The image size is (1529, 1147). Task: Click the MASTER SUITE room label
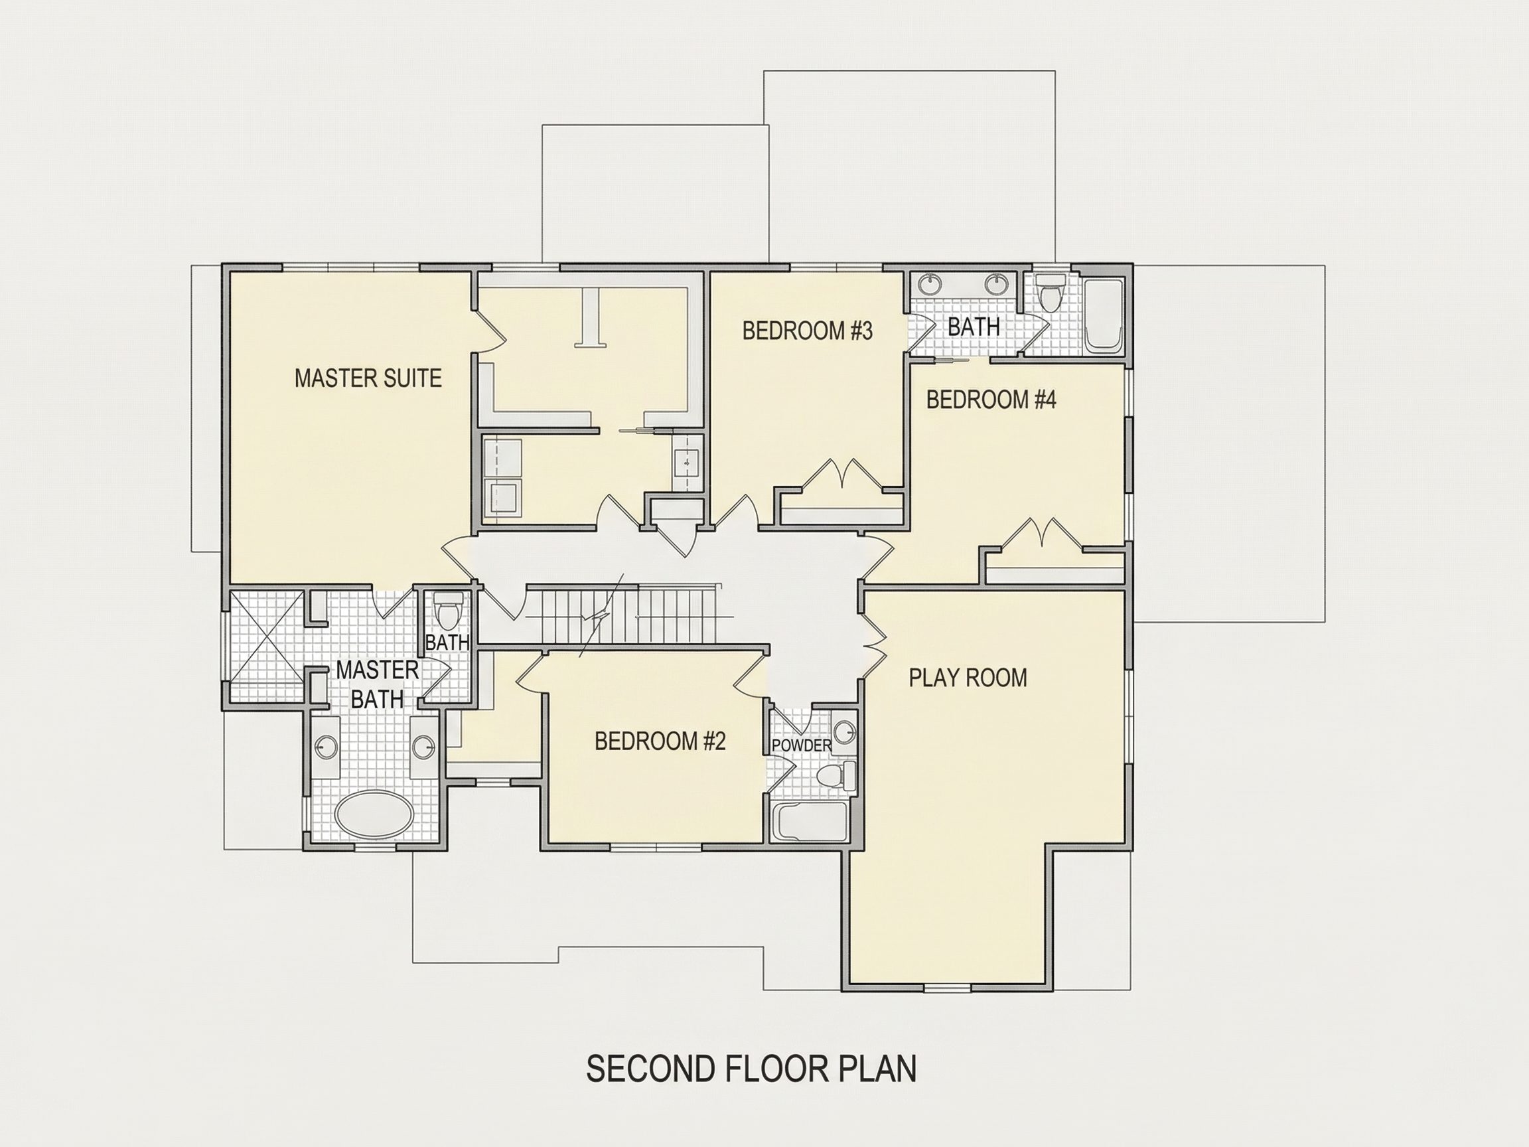click(x=368, y=378)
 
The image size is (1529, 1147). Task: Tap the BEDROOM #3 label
click(x=808, y=331)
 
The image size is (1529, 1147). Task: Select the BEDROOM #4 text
click(x=991, y=400)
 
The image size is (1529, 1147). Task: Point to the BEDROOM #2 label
click(x=660, y=741)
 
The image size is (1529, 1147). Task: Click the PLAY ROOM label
click(x=968, y=678)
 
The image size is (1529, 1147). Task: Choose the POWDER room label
click(x=802, y=745)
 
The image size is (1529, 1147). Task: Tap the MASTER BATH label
click(x=378, y=684)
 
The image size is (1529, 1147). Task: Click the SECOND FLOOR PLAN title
click(x=751, y=1068)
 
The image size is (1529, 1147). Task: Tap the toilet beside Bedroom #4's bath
click(x=1050, y=294)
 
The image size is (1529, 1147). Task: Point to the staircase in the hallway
click(x=622, y=615)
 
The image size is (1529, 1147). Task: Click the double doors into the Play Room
click(x=875, y=643)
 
